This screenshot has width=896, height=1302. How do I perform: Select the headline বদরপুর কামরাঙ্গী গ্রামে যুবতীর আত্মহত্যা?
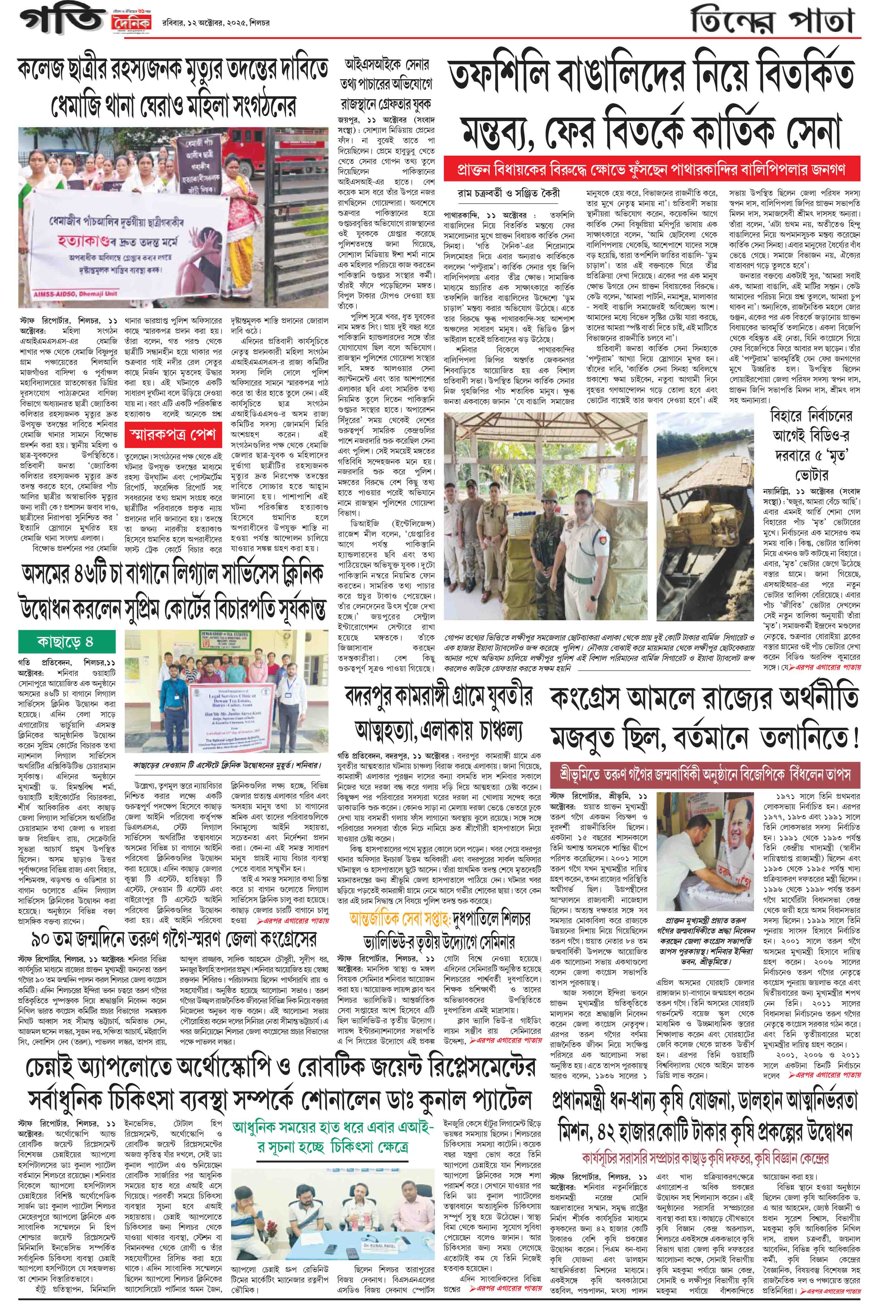pos(438,713)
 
